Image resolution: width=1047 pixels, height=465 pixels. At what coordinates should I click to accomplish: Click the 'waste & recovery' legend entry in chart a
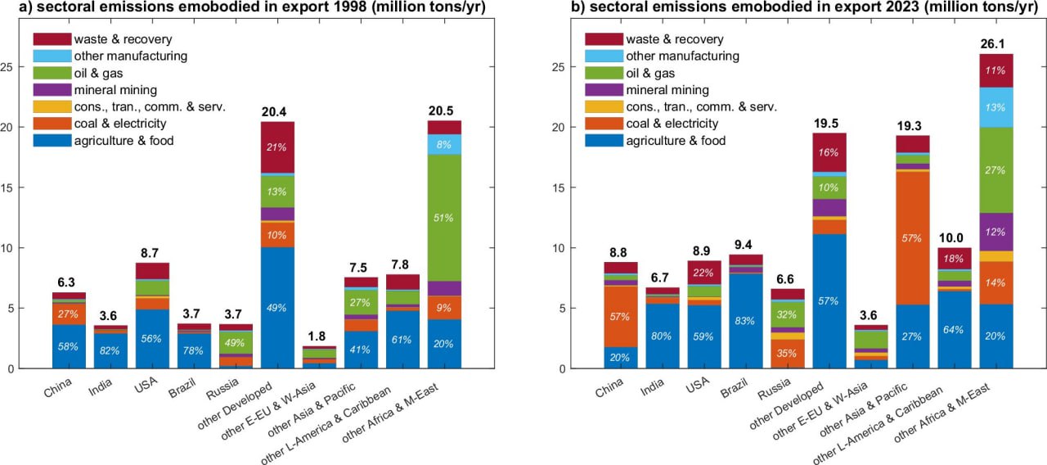tap(123, 39)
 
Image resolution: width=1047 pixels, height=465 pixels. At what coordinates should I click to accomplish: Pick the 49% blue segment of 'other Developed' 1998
tap(277, 307)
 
